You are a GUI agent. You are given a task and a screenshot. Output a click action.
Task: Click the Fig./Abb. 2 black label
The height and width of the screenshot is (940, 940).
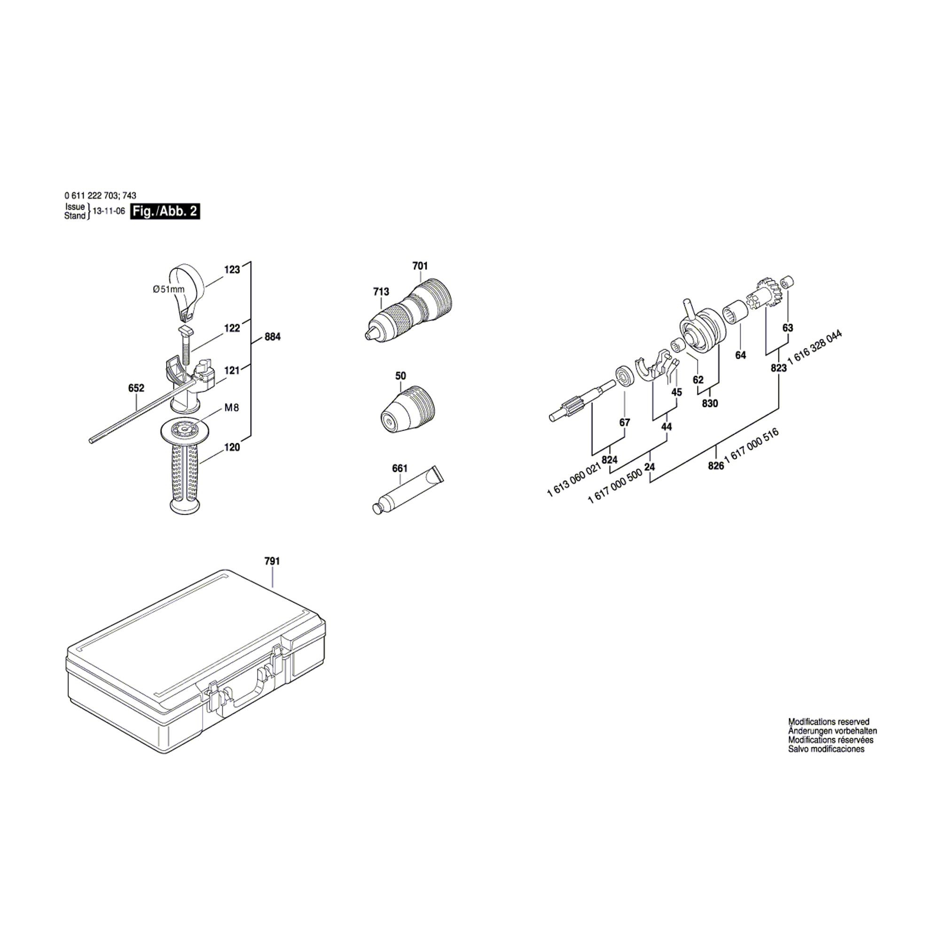point(165,211)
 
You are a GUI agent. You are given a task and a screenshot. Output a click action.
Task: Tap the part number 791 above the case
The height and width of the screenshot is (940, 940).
point(272,561)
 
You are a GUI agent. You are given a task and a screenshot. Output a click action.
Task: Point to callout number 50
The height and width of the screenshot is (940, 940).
point(400,376)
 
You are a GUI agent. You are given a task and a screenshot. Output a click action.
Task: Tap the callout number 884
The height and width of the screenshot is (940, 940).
point(273,337)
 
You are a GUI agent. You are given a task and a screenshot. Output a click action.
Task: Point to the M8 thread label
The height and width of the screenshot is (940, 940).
point(232,407)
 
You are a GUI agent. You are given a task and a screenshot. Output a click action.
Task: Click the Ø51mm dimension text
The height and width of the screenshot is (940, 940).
point(168,289)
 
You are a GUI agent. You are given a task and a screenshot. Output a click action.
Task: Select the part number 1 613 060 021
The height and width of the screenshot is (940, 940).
point(575,481)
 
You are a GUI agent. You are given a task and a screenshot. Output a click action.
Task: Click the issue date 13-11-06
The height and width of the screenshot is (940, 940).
point(106,212)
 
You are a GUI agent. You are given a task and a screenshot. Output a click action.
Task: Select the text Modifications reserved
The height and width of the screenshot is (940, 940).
point(829,722)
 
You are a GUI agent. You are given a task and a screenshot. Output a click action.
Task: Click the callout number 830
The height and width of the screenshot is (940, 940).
point(710,403)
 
